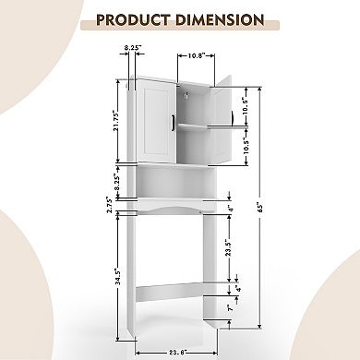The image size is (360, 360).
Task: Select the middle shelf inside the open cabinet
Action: [x=195, y=125]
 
